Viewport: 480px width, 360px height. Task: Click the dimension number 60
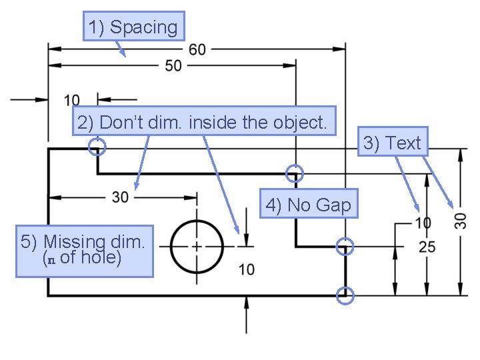(197, 49)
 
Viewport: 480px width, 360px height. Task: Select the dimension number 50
(173, 66)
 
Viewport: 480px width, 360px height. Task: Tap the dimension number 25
(427, 247)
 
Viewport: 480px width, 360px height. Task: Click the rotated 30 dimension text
(461, 220)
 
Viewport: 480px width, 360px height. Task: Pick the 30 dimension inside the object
(120, 197)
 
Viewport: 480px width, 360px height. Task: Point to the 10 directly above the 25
(423, 223)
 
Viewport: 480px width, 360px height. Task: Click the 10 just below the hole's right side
(247, 269)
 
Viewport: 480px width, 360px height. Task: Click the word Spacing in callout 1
(144, 27)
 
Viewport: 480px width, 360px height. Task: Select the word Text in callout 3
(403, 143)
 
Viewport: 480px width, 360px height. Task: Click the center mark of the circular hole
(197, 246)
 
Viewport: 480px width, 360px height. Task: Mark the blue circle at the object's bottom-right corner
(345, 295)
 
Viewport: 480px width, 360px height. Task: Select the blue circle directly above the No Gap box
(295, 173)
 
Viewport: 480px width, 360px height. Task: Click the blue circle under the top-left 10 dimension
(97, 146)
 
